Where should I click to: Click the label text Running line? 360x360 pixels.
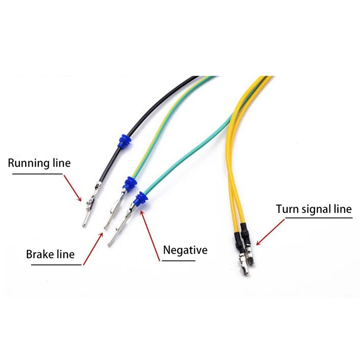coord(39,163)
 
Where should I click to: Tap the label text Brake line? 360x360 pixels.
coord(50,254)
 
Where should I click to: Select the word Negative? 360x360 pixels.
coord(185,250)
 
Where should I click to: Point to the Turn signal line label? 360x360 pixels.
coord(314,209)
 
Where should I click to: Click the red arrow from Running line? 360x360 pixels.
coord(72,188)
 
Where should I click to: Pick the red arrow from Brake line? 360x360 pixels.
coord(93,249)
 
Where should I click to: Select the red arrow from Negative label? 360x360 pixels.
coord(150,235)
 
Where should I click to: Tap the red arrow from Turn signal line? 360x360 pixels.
coord(270,232)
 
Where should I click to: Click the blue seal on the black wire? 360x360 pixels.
coord(124,141)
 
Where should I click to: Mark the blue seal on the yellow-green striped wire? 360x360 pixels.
coord(130,184)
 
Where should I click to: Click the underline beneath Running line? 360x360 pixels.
coord(37,174)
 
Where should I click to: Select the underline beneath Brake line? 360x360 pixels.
coord(56,265)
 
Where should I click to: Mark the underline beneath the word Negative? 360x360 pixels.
coord(178,261)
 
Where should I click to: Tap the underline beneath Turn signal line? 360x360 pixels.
coord(319,218)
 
